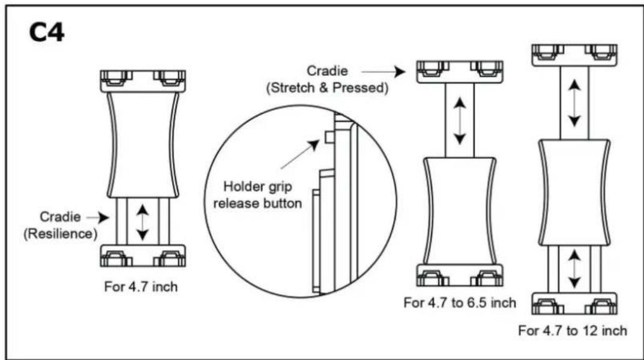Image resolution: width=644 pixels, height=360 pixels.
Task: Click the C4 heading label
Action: (47, 32)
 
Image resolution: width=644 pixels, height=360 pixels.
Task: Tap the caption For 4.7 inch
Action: (141, 287)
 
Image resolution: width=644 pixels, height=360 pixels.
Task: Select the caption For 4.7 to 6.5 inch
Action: (460, 302)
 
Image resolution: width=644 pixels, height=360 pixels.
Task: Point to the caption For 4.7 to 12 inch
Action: (573, 331)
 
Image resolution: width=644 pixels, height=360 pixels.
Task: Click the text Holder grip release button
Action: (257, 195)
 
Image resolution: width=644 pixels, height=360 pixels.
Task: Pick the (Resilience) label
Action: (61, 234)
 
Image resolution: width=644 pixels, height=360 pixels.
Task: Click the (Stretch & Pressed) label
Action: (327, 88)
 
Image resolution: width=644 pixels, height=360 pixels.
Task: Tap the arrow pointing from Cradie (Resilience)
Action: (98, 217)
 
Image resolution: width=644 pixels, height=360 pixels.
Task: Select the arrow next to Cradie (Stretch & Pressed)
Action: (383, 72)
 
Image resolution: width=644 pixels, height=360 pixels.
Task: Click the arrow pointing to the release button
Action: (300, 154)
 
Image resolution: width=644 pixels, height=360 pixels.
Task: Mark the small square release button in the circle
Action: (330, 137)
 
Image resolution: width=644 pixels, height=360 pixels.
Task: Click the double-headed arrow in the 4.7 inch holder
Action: (142, 223)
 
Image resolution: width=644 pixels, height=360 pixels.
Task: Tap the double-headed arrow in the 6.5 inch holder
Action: (460, 121)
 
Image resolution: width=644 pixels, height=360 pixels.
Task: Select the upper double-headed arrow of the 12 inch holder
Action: (574, 103)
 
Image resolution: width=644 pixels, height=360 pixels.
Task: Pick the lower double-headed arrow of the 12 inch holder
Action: (574, 269)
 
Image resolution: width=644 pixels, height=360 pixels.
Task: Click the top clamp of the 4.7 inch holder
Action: (143, 81)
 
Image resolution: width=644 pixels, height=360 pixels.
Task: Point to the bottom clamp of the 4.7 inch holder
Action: (143, 256)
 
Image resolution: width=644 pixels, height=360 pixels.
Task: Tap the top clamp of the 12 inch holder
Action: (574, 55)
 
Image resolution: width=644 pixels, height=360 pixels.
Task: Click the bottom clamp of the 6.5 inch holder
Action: (460, 275)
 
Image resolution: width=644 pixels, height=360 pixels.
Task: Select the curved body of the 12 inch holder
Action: (574, 193)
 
